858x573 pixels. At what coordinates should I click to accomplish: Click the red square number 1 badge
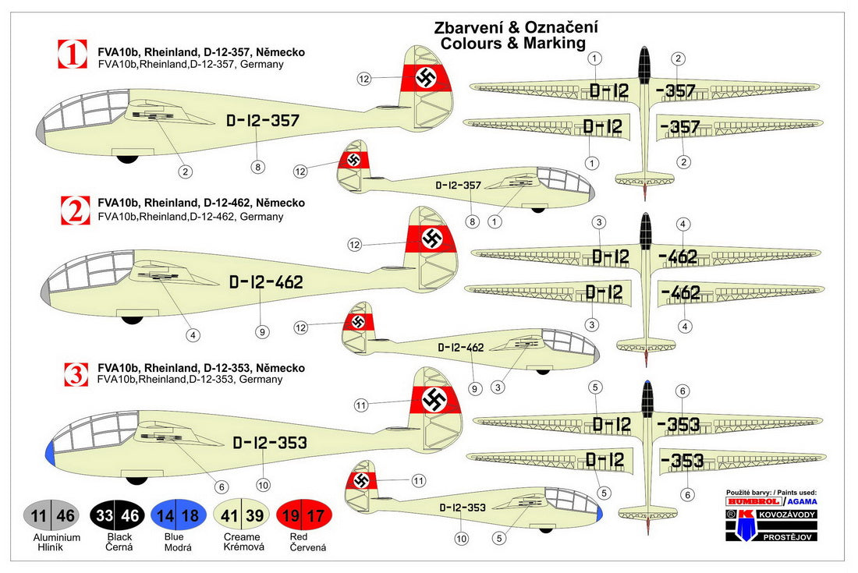[73, 55]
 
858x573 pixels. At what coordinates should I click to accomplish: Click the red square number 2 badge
[73, 210]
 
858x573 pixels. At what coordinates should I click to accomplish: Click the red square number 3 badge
[75, 375]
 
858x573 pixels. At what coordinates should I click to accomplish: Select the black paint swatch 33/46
[115, 515]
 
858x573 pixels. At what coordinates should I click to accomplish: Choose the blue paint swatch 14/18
[179, 515]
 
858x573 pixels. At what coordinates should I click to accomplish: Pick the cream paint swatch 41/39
[241, 515]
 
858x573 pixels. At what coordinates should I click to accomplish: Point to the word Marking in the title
[557, 44]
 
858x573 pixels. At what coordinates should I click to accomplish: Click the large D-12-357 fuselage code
[262, 121]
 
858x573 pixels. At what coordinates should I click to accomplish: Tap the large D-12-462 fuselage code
[265, 282]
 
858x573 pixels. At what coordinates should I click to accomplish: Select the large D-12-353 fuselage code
[269, 443]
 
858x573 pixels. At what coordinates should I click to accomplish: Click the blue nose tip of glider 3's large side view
[50, 452]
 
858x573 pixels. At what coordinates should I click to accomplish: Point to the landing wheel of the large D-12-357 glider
[127, 159]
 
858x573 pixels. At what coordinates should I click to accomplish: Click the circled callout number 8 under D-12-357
[258, 166]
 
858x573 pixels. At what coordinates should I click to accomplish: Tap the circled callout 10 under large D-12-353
[263, 485]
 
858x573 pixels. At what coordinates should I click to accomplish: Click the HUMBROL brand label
[748, 501]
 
